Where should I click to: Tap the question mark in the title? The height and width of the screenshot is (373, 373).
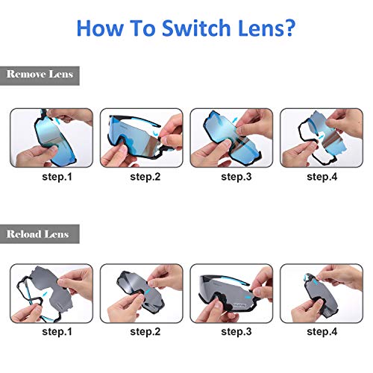289,28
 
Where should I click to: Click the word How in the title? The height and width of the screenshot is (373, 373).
100,28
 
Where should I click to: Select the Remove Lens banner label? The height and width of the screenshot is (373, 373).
40,74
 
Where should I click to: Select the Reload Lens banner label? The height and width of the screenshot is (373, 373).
37,234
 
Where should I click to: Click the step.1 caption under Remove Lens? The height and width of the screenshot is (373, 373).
57,177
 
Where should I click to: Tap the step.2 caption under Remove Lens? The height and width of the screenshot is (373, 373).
145,177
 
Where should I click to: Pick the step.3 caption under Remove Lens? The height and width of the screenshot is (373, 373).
236,177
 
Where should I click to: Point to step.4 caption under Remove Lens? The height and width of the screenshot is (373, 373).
322,177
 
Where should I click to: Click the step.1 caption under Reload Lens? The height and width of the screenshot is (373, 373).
57,331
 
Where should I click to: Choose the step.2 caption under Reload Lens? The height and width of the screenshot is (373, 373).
145,331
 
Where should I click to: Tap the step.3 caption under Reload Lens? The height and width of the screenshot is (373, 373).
236,331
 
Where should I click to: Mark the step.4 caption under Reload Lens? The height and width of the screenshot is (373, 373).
322,331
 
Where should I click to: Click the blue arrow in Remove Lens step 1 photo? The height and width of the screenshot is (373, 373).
57,122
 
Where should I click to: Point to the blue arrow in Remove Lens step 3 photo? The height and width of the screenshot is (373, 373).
234,120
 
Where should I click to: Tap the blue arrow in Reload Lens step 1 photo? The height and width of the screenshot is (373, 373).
45,294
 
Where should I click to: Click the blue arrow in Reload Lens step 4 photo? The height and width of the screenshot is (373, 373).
315,282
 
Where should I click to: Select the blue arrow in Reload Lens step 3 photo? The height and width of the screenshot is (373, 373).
248,297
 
